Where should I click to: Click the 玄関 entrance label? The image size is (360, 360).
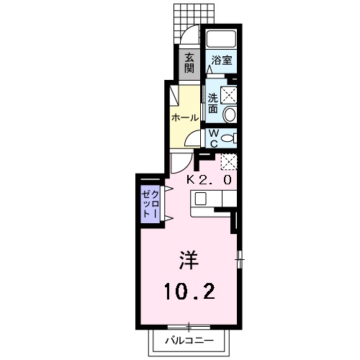point(189,63)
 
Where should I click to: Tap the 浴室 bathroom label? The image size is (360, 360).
point(222,61)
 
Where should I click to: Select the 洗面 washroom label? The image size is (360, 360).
point(214,103)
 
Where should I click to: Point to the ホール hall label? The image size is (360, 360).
point(184,116)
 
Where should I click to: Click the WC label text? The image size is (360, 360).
point(214,137)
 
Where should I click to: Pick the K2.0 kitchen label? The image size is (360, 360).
point(210,179)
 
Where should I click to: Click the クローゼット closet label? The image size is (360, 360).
point(149,204)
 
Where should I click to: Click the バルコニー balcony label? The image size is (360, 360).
point(189,338)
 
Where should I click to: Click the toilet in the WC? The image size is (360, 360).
point(227,138)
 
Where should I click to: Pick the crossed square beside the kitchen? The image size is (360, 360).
point(228,161)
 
